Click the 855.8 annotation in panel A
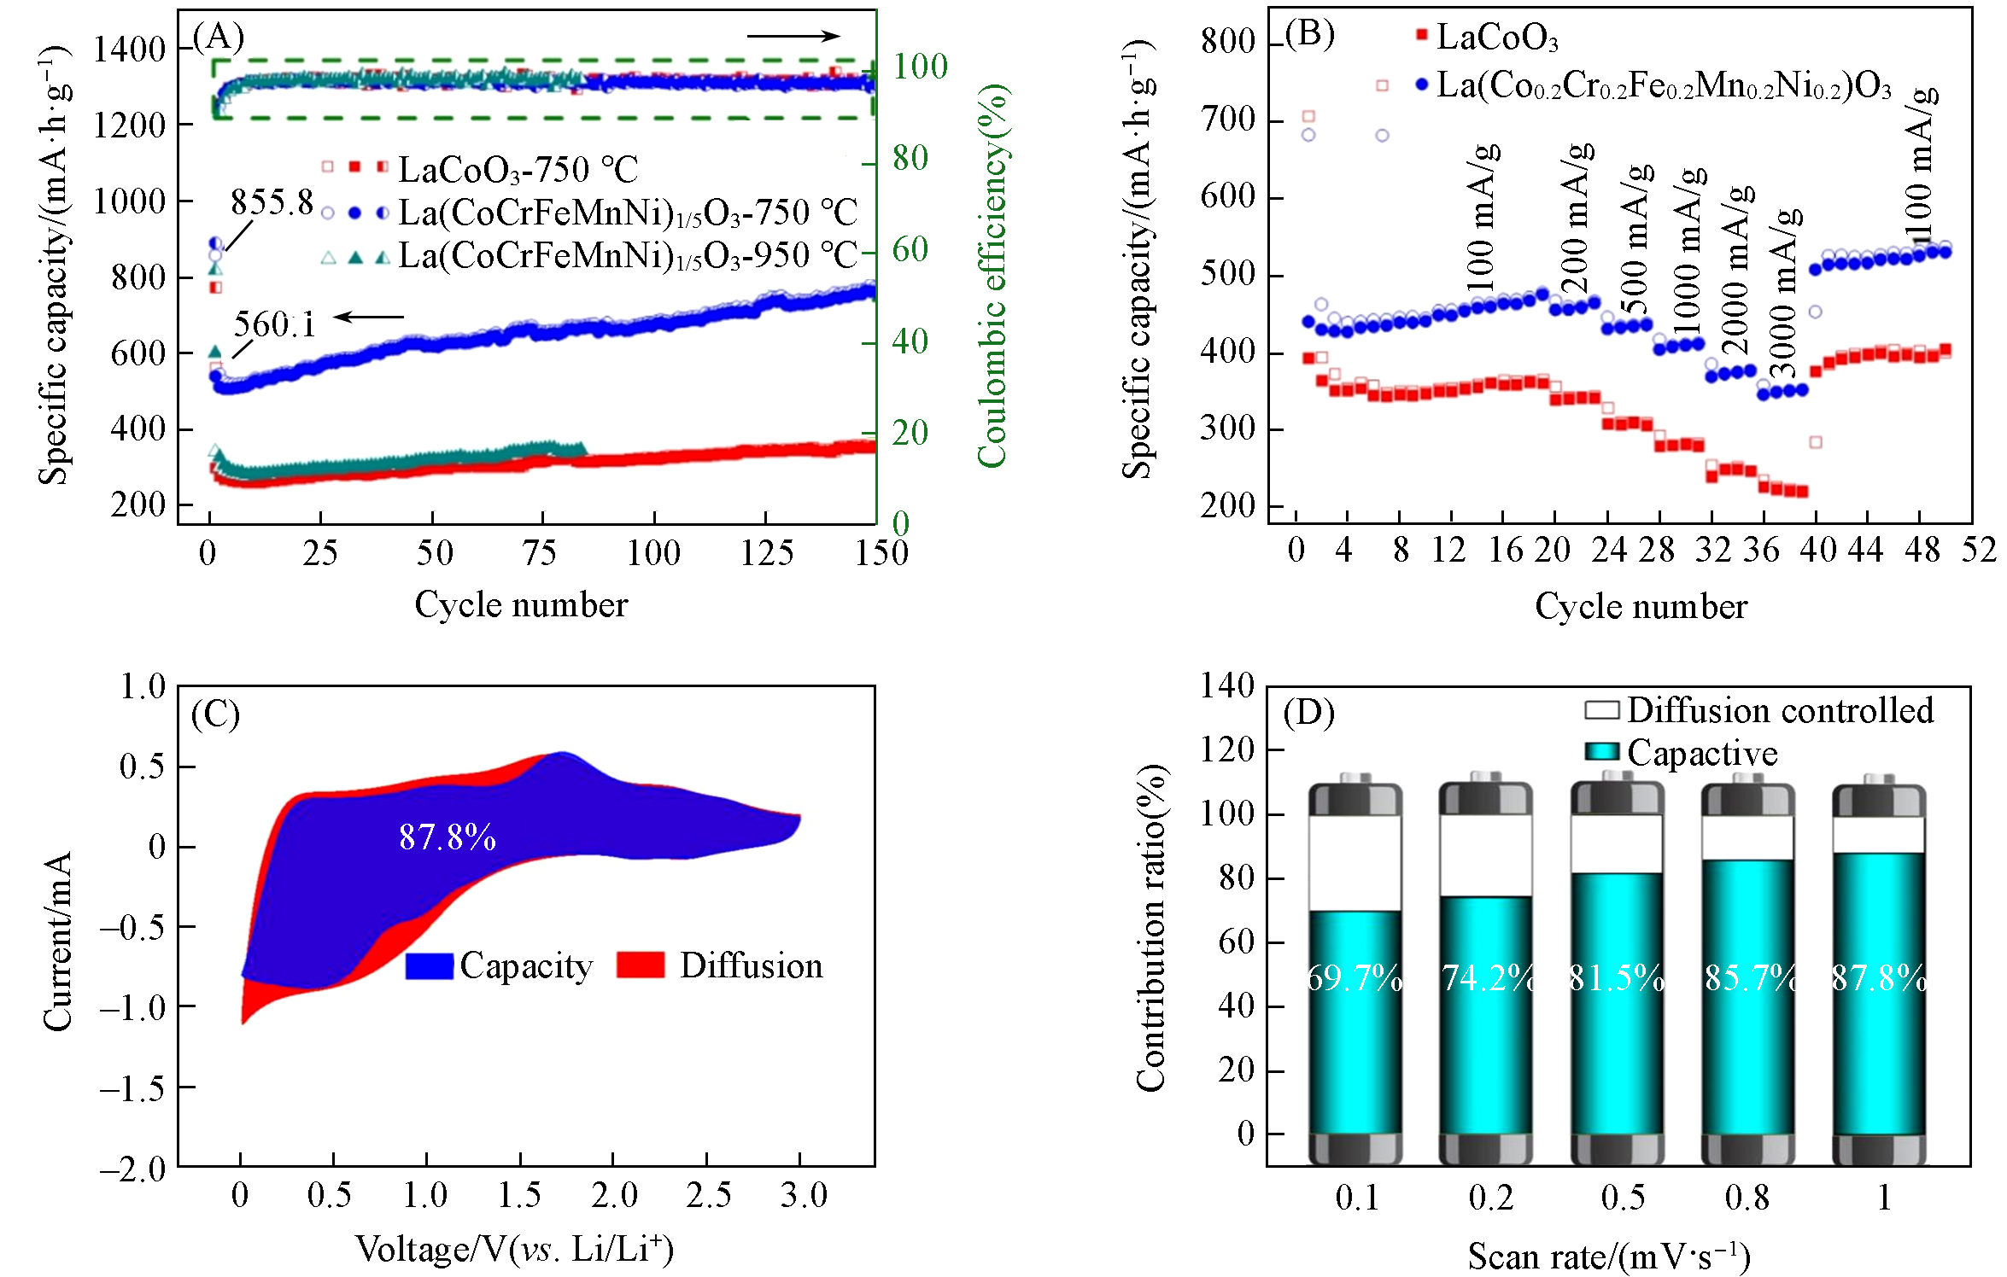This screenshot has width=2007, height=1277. tap(272, 202)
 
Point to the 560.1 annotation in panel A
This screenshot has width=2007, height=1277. tap(274, 324)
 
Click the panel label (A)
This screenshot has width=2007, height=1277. tap(219, 37)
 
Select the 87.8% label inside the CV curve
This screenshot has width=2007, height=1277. tap(448, 837)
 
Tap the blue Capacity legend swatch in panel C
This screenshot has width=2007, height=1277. tap(429, 965)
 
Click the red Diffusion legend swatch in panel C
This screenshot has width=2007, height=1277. tap(640, 965)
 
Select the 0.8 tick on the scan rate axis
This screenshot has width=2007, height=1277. tap(1747, 1198)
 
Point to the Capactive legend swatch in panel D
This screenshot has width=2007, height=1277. tap(1601, 752)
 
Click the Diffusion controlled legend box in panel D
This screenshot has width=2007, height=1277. tap(1601, 710)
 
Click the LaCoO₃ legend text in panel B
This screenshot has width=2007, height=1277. tap(1497, 38)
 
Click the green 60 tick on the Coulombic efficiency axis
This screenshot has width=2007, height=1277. tap(910, 250)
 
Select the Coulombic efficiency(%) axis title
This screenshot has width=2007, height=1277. tap(993, 276)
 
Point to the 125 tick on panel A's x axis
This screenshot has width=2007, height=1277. tap(766, 553)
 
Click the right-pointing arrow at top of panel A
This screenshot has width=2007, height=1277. tap(793, 36)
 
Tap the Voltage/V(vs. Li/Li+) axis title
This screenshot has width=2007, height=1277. tap(515, 1249)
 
